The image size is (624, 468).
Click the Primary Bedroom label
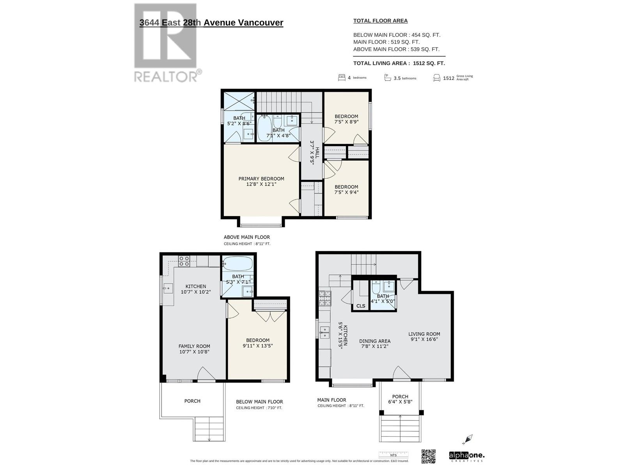point(261,179)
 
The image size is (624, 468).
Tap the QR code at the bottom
point(428,456)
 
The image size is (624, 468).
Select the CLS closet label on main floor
point(361,306)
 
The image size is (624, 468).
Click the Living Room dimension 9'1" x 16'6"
point(424,339)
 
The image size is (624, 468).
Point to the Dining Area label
point(375,341)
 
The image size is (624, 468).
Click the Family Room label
point(194,346)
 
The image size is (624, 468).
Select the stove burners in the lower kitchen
point(184,261)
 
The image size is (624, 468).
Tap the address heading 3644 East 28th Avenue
point(211,23)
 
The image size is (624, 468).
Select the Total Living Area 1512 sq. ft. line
point(399,63)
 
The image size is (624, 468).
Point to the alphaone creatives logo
point(466,456)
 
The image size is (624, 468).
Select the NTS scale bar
point(393,454)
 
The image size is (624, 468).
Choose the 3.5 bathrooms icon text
point(404,78)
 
